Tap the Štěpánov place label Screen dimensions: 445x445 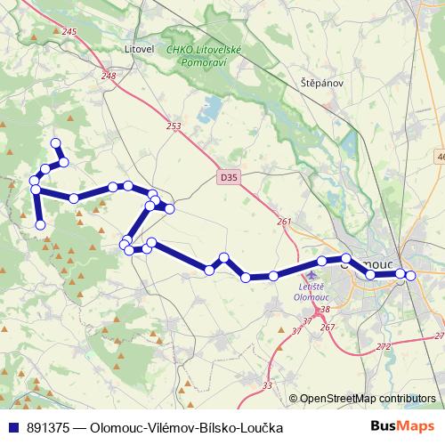click(321, 83)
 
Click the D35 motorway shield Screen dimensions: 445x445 click(229, 178)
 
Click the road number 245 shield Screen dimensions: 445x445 click(70, 32)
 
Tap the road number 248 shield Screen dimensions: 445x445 click(109, 77)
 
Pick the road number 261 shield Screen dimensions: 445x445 click(284, 222)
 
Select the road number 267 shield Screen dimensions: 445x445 click(327, 328)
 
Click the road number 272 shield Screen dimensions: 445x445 click(384, 345)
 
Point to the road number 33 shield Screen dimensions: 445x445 click(268, 385)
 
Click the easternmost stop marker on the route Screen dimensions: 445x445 click(410, 276)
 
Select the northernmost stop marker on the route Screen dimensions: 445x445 click(56, 143)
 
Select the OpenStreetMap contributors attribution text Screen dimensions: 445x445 click(368, 398)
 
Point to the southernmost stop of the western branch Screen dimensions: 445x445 click(40, 225)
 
